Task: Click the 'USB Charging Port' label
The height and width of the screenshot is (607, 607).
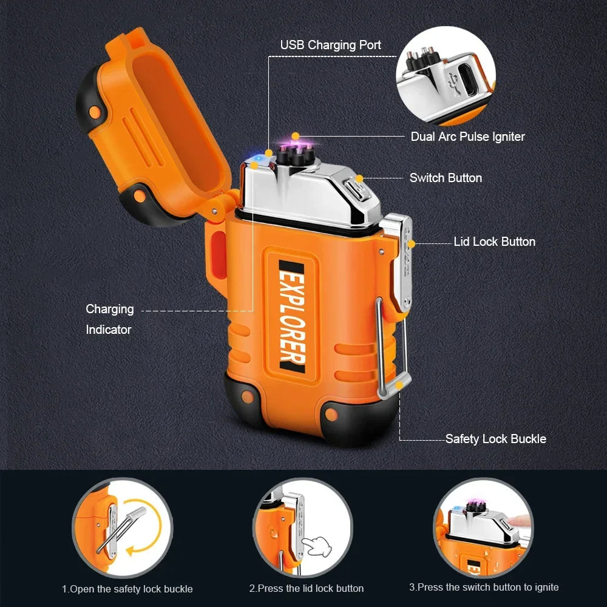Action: (x=331, y=45)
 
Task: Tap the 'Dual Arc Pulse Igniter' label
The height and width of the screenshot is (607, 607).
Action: (x=467, y=137)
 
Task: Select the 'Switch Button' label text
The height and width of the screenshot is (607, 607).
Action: (x=446, y=178)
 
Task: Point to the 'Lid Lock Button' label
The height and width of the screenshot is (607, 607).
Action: (x=495, y=242)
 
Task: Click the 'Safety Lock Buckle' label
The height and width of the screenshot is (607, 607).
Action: (x=495, y=439)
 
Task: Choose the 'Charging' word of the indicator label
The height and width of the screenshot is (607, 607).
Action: (x=109, y=309)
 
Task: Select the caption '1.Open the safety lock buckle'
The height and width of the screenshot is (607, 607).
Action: (x=127, y=589)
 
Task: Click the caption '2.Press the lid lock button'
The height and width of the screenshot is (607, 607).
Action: (x=307, y=588)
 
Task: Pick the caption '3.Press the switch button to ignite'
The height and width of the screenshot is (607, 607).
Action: (x=484, y=587)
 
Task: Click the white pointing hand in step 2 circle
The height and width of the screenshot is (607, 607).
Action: (x=318, y=545)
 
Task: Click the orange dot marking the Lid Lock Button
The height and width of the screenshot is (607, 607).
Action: (x=412, y=243)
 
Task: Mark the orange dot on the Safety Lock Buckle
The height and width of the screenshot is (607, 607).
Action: (x=399, y=384)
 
